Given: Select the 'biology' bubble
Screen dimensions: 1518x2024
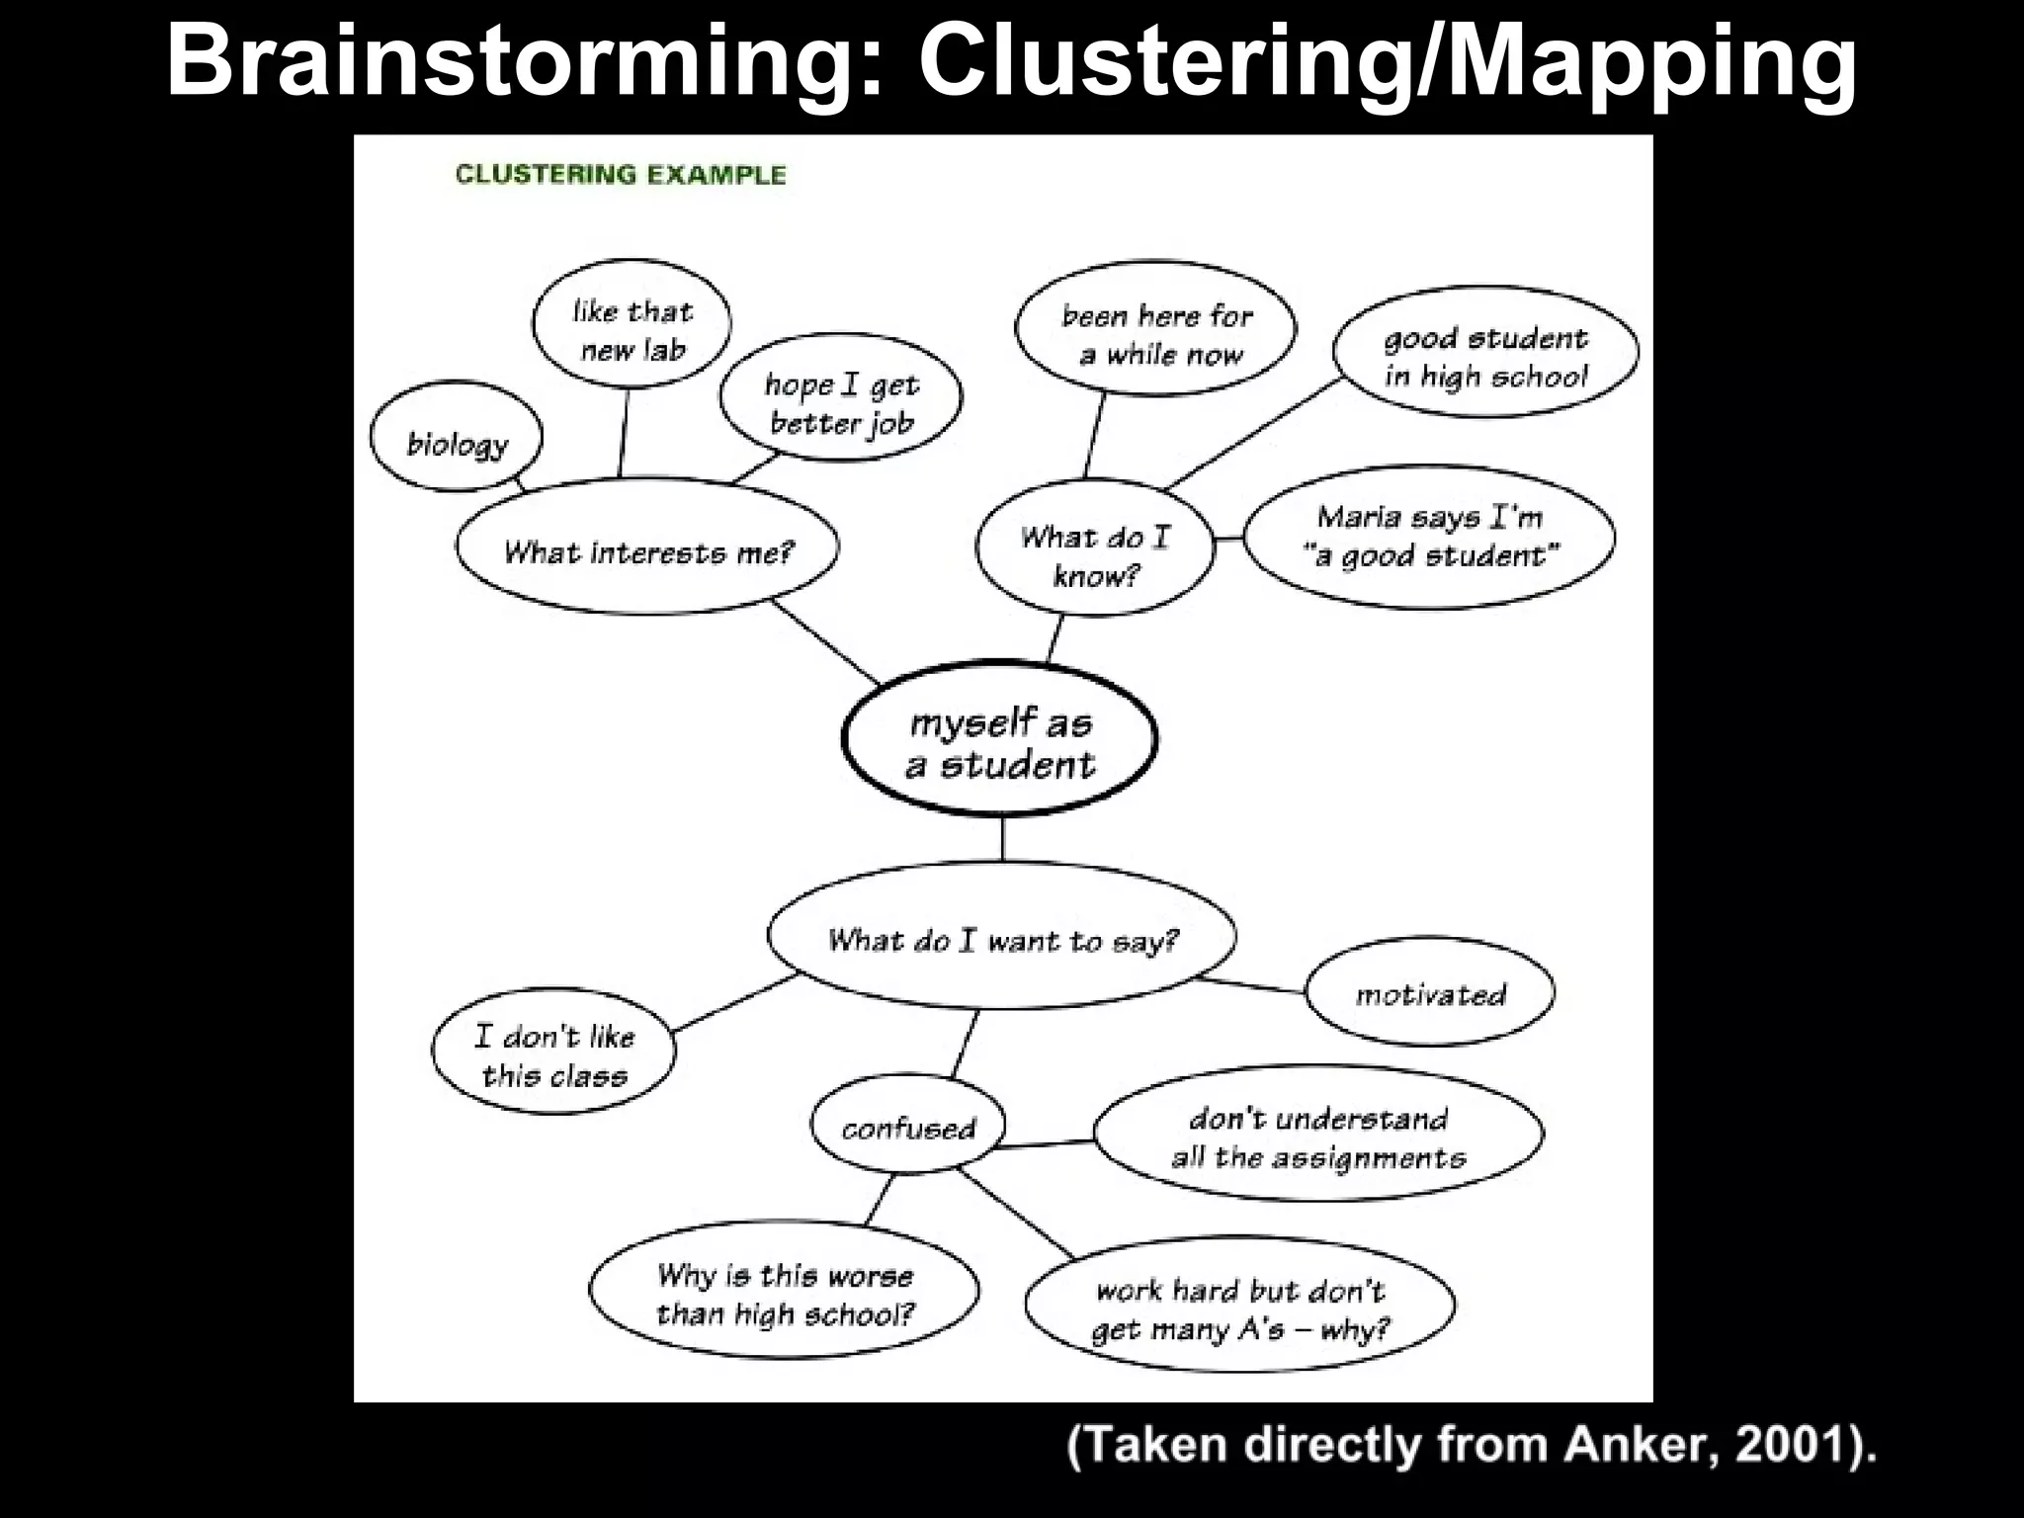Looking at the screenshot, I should click(x=457, y=438).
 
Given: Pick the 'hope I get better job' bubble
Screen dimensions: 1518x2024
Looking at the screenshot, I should click(x=841, y=401).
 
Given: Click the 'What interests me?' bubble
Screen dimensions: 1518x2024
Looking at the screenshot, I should click(x=647, y=548).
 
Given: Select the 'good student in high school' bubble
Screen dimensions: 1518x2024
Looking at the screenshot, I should click(x=1484, y=354).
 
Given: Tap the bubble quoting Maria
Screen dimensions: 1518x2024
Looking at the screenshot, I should click(x=1429, y=537).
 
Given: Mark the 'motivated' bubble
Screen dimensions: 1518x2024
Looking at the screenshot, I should click(x=1429, y=992).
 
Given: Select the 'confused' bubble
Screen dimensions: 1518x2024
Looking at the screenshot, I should click(x=908, y=1127).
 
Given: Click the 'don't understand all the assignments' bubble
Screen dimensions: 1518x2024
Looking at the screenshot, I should click(x=1318, y=1135).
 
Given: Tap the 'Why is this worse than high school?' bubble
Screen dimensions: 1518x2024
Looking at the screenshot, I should click(x=785, y=1294).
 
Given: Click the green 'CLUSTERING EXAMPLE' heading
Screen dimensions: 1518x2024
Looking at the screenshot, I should click(x=621, y=175).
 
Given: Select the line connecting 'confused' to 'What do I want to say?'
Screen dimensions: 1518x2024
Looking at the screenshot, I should click(x=966, y=1044).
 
